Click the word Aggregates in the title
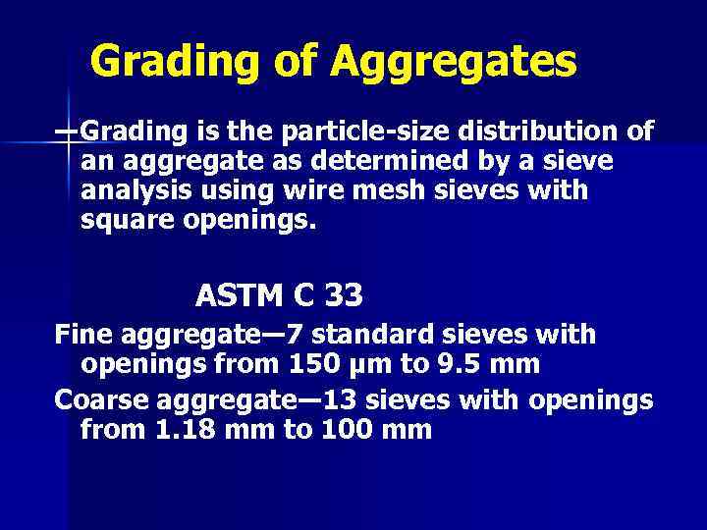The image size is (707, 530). pyautogui.click(x=454, y=63)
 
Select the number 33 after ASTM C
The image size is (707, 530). pyautogui.click(x=343, y=294)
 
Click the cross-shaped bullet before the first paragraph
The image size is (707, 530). pyautogui.click(x=69, y=132)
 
